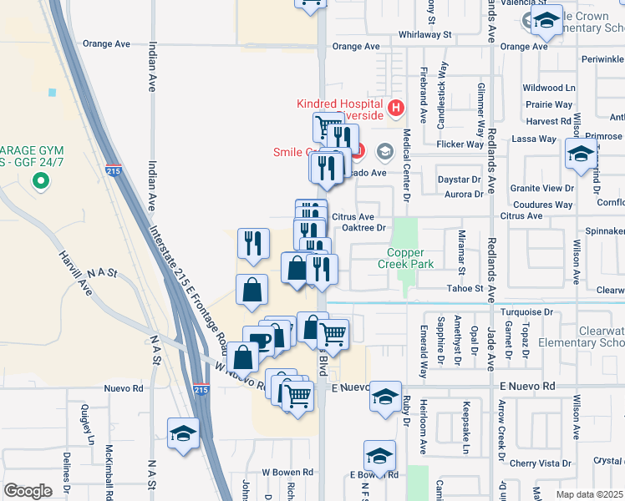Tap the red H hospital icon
(396, 108)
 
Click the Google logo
(28, 491)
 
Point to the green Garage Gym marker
(38, 180)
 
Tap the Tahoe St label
(467, 288)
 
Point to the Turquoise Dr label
(526, 311)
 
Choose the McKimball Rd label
(109, 472)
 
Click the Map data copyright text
(590, 494)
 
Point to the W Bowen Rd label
(287, 472)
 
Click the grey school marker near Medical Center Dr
(385, 151)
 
